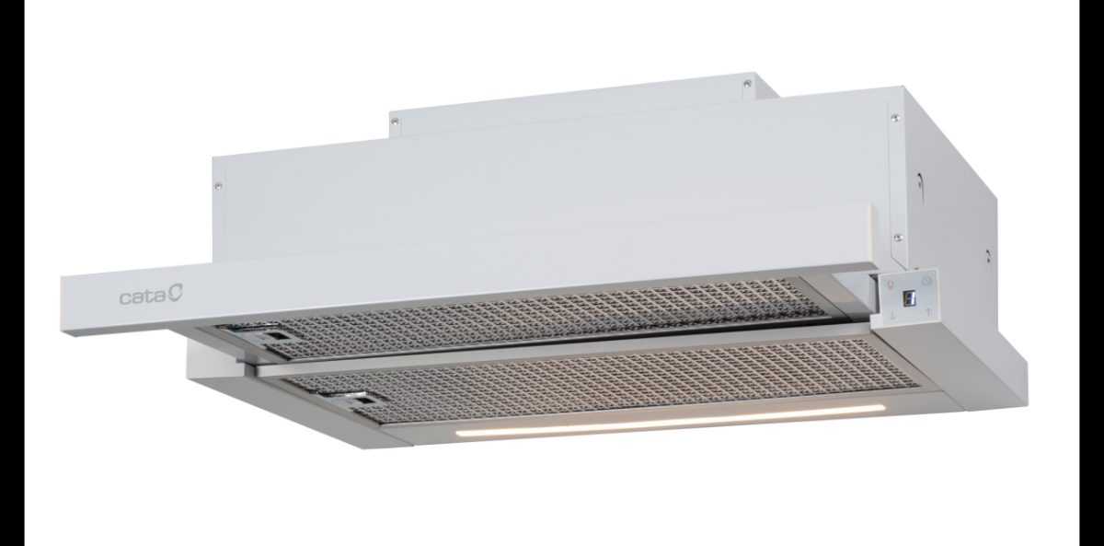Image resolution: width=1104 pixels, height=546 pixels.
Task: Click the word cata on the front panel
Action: coord(144,297)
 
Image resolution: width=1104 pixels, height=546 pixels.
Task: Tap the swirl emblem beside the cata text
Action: coord(176,295)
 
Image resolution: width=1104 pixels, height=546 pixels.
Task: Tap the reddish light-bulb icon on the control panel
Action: coord(891,285)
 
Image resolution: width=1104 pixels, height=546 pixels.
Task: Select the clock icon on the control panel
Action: coord(928,281)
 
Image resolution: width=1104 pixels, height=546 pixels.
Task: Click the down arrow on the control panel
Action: coord(892,316)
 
